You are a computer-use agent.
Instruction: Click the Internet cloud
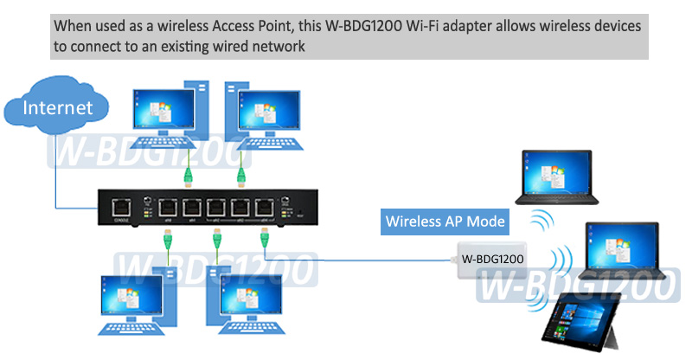tap(56, 109)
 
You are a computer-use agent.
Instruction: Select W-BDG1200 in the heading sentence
tap(364, 26)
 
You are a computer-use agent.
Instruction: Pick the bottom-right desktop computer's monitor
tap(252, 296)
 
